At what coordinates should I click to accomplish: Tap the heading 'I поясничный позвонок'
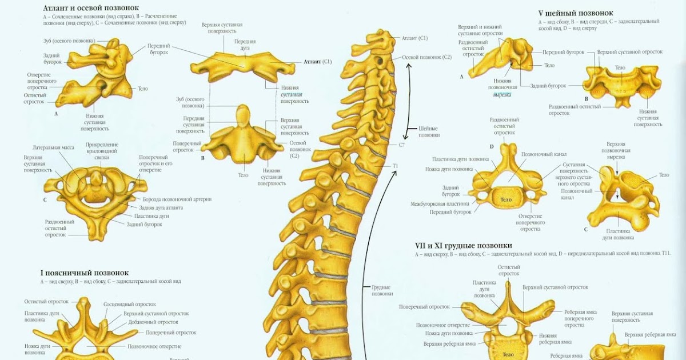pos(84,273)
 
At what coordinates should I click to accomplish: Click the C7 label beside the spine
pos(402,145)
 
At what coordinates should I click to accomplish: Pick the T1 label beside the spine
pos(395,166)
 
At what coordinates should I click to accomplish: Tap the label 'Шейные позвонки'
pos(429,131)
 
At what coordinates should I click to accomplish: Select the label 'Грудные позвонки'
pos(382,290)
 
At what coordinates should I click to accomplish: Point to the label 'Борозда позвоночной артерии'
pos(177,199)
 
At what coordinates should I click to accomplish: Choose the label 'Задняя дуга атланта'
pos(161,207)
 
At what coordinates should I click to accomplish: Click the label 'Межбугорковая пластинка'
pos(440,204)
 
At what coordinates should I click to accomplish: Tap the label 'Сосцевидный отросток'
pos(130,305)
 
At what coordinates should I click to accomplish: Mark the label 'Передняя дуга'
pos(245,45)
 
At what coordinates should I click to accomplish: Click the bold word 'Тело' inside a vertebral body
pos(506,199)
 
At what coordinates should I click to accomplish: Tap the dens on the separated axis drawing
pos(244,113)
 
